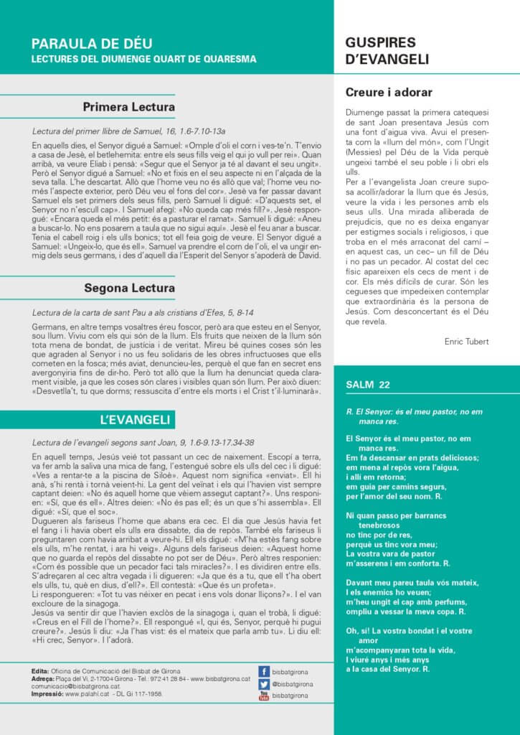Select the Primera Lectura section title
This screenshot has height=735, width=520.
(128, 108)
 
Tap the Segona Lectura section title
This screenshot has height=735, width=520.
(129, 289)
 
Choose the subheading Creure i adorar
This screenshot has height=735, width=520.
(389, 92)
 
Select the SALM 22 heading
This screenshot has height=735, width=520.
(368, 385)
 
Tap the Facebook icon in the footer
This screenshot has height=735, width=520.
(264, 671)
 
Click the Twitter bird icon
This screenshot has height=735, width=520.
(264, 683)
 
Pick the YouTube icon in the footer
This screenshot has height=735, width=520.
(264, 695)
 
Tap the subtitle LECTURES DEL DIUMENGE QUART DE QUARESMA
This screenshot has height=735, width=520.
(143, 59)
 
